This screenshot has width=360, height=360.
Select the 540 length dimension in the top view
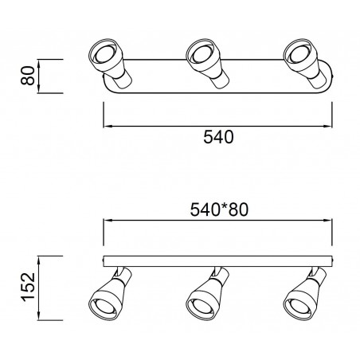coord(217,137)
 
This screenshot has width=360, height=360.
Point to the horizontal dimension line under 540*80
coord(217,224)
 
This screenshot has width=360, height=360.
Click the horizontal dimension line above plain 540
coord(217,125)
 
